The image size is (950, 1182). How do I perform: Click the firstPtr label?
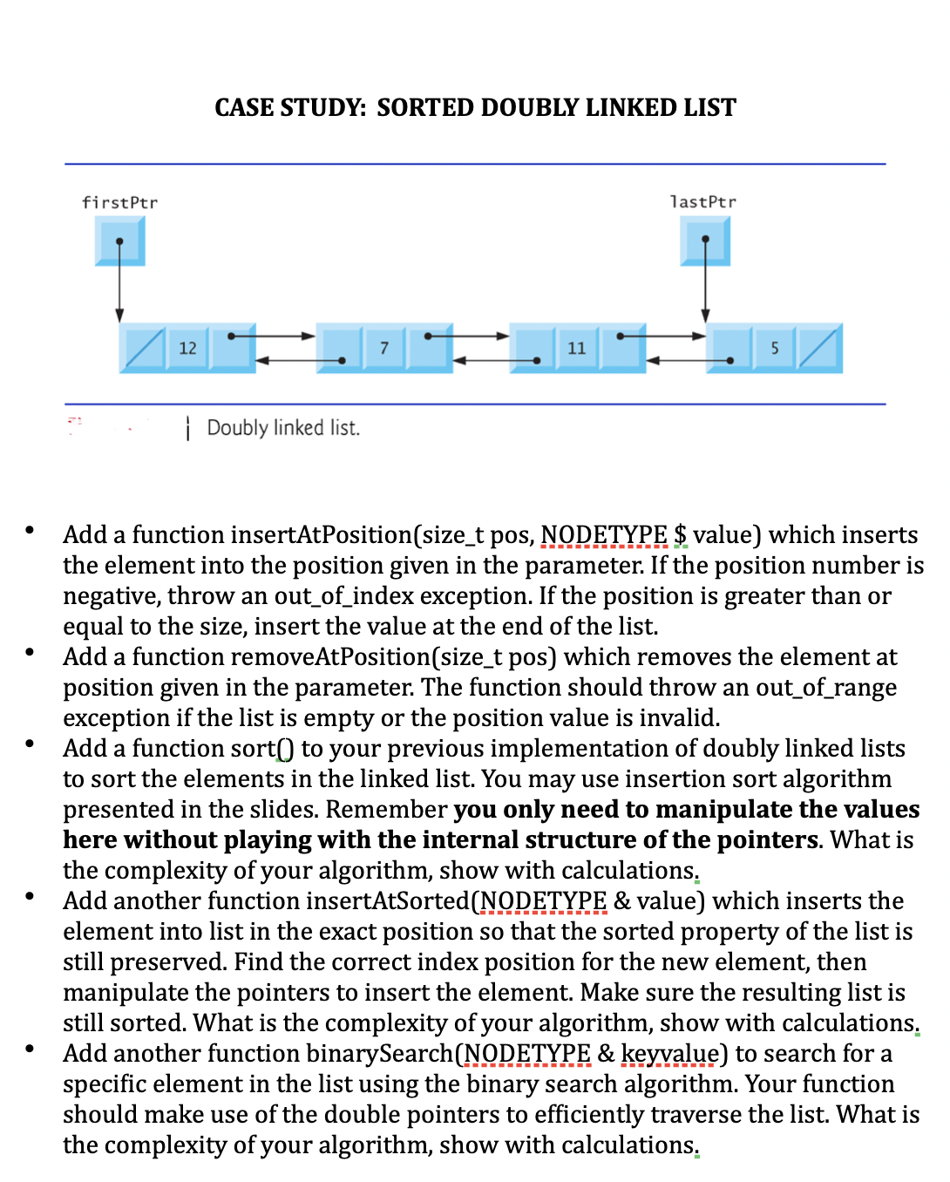119,202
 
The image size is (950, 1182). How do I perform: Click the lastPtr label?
702,201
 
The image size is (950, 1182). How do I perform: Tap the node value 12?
187,348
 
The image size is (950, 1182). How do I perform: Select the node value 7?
383,348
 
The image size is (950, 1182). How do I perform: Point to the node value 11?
576,348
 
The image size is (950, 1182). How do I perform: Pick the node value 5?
774,348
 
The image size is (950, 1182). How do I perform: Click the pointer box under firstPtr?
119,241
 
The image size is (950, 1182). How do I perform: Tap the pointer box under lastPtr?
705,241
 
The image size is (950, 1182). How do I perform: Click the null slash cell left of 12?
143,348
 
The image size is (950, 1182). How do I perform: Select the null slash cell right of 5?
818,348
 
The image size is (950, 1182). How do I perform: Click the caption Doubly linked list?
283,428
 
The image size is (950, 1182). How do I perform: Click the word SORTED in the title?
425,107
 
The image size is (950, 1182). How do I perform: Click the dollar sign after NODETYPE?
681,534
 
